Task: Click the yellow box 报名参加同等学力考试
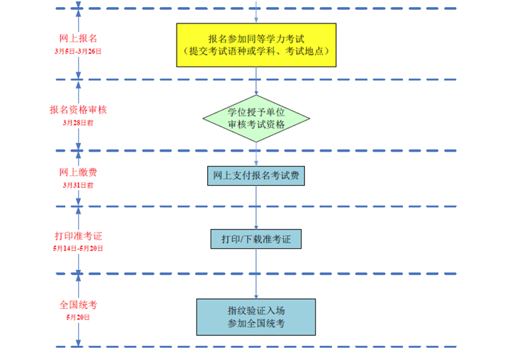[256, 45]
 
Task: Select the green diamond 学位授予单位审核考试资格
[256, 118]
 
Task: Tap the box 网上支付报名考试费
[256, 175]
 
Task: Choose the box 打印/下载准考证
[256, 240]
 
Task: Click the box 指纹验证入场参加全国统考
[256, 316]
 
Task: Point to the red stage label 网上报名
[78, 38]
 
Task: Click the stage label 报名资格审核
[78, 110]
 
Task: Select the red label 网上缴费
[78, 173]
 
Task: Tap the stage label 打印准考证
[78, 236]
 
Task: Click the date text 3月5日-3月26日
[78, 51]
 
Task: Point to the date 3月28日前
[78, 123]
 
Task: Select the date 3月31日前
[78, 185]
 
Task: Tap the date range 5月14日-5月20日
[78, 249]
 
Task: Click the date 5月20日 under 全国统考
[78, 317]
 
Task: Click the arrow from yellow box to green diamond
[256, 81]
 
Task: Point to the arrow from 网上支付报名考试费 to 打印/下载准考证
[256, 207]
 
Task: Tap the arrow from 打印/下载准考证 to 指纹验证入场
[256, 274]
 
